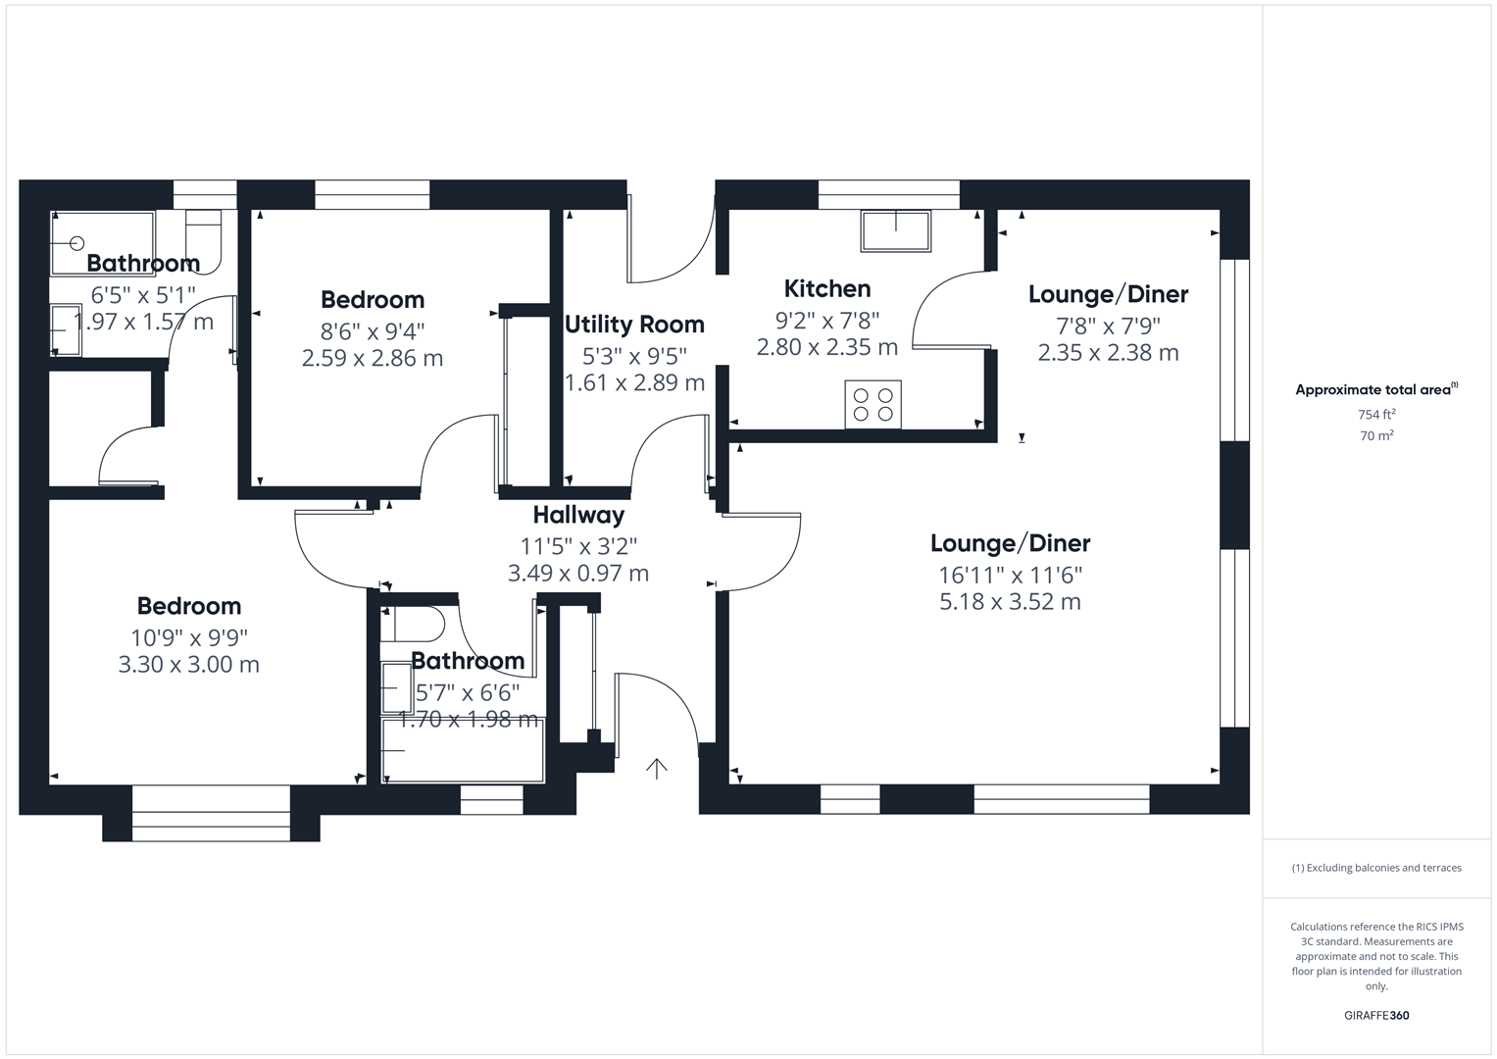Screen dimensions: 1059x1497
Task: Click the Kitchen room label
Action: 826,288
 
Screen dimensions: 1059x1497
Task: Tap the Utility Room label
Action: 634,324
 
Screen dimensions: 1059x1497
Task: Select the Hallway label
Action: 578,515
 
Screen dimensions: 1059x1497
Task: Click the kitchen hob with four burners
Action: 873,404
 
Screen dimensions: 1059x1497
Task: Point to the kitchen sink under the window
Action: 895,230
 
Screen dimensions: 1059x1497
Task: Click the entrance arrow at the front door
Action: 656,768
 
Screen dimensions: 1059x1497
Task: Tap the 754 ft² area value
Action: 1376,415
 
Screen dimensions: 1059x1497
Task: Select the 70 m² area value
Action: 1376,436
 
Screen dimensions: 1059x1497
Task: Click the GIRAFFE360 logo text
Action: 1375,1015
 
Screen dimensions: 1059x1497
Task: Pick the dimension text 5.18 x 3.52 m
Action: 1010,602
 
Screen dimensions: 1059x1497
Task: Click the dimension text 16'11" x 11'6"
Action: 1010,575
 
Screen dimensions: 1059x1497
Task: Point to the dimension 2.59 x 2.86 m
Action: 372,359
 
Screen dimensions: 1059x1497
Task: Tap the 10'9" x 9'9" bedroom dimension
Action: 189,637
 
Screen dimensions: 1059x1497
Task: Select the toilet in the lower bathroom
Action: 417,624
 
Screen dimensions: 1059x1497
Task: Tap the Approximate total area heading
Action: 1375,389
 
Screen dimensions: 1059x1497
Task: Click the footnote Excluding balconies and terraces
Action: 1375,868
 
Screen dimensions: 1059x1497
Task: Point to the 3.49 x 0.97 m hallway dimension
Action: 578,574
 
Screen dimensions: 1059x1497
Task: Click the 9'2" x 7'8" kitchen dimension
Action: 826,320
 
